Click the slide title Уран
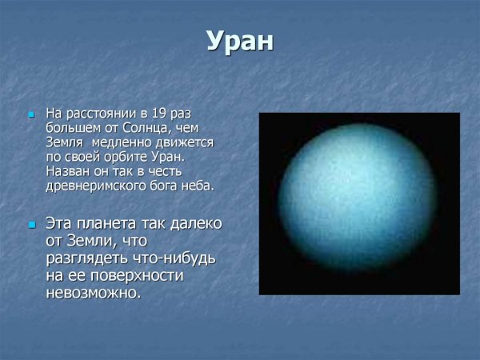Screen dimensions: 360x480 [240, 42]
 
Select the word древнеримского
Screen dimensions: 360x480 [86, 186]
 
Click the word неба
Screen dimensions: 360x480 [197, 186]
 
